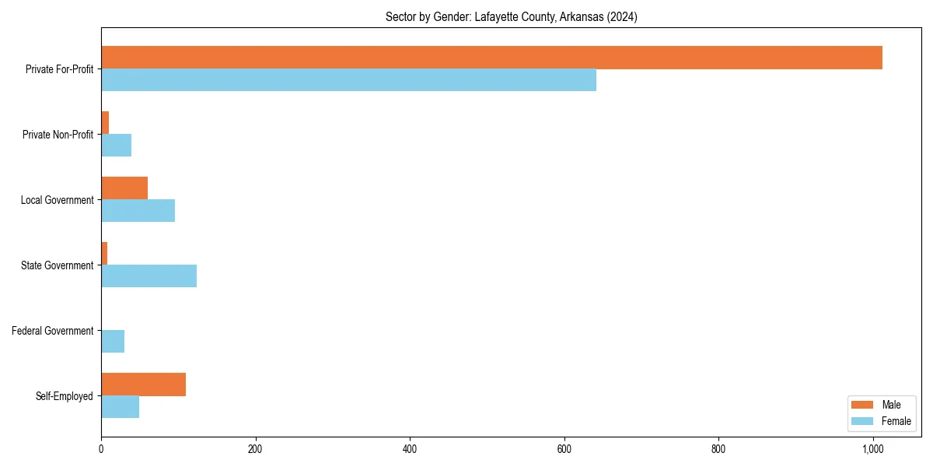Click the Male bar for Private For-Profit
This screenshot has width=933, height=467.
[x=491, y=58]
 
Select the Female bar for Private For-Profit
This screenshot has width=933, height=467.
[x=348, y=80]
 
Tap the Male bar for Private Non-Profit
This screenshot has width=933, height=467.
[x=105, y=123]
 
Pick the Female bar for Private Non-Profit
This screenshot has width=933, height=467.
[x=116, y=146]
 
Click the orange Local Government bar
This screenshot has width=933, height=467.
[x=124, y=188]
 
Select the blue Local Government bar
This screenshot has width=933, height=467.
[x=138, y=211]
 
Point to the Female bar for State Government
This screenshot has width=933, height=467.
[x=149, y=276]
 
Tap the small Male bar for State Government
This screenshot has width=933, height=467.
[x=104, y=254]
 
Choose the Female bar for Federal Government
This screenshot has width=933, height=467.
[x=113, y=342]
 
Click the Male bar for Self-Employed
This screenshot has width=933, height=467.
[x=143, y=384]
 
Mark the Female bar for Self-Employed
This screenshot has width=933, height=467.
[x=120, y=407]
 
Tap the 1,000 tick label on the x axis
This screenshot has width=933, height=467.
[x=872, y=449]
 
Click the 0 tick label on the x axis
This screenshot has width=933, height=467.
[x=101, y=449]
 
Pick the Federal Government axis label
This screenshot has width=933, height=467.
[x=53, y=331]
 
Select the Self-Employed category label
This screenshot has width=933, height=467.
[x=65, y=396]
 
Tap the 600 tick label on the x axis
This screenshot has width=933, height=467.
[x=564, y=449]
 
